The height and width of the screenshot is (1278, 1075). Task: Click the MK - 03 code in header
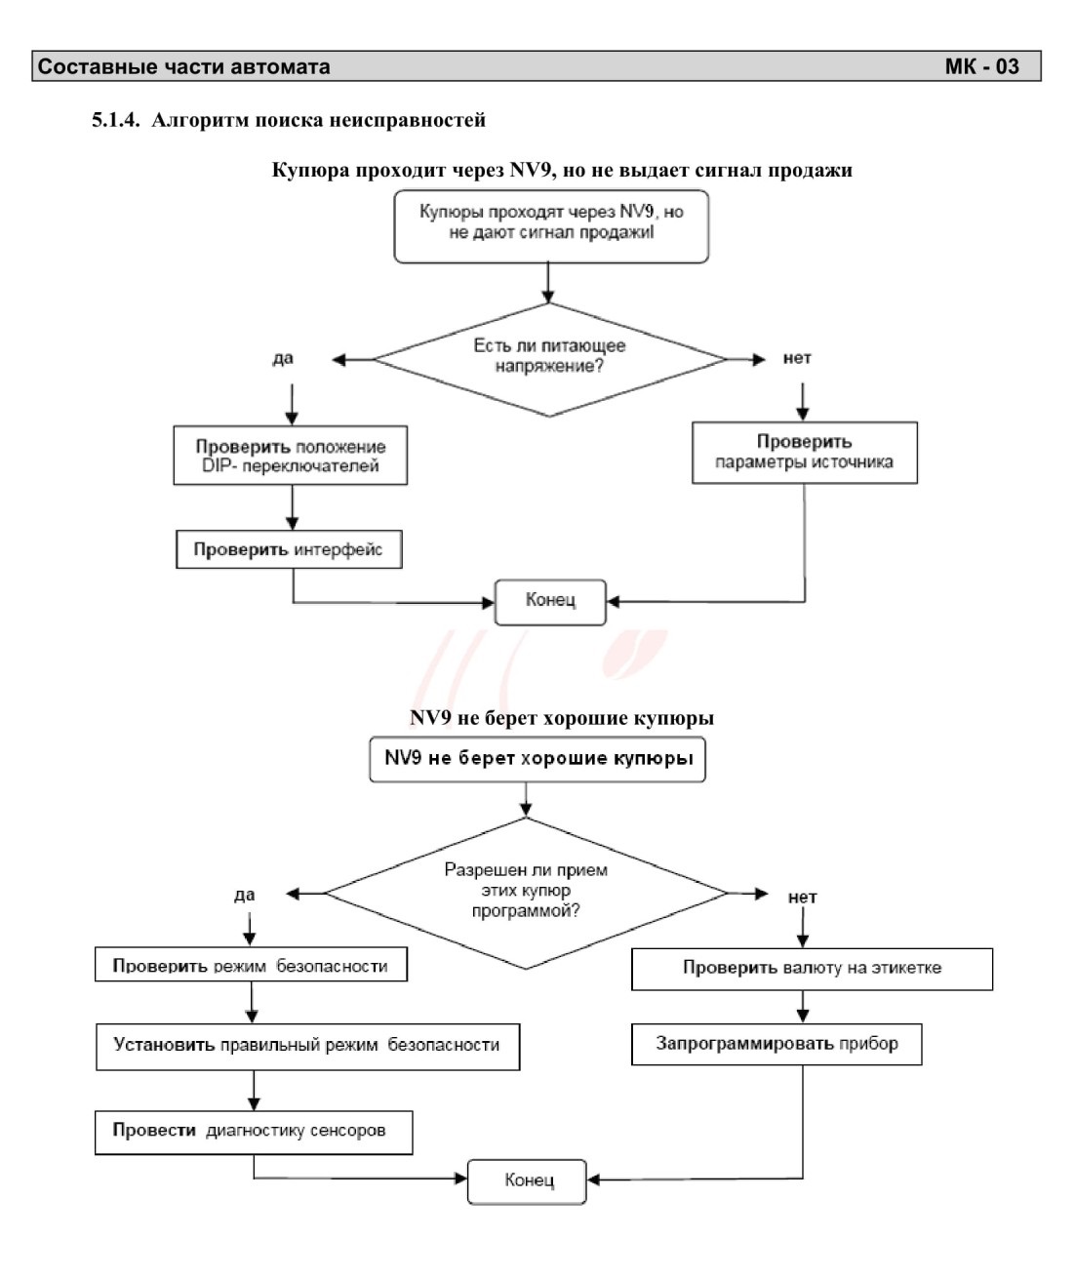point(981,66)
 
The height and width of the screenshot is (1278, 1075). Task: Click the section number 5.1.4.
point(116,119)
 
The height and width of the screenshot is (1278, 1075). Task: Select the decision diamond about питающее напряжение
point(549,360)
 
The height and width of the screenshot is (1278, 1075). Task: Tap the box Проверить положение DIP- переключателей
point(290,456)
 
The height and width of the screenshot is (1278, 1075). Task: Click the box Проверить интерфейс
point(289,549)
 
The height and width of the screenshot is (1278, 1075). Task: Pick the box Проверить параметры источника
point(805,453)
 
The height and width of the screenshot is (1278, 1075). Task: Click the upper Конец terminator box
point(550,602)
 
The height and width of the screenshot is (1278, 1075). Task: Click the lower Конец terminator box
point(527,1181)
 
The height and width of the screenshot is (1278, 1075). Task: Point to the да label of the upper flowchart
point(283,358)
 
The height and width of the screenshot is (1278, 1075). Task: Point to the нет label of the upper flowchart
point(797,358)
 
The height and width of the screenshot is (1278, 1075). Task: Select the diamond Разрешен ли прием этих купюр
point(526,893)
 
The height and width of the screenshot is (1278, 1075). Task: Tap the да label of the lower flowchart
point(244,895)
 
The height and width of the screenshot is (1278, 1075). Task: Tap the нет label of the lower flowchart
point(802,898)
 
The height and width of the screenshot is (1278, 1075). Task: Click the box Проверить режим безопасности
point(251,965)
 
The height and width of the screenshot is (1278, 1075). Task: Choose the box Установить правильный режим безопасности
point(308,1047)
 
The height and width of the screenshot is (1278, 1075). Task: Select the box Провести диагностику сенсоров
point(254,1133)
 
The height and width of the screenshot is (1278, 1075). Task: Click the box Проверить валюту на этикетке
point(812,969)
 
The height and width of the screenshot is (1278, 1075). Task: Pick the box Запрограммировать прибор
point(776,1044)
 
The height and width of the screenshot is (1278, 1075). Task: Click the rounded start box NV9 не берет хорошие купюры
point(537,759)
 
